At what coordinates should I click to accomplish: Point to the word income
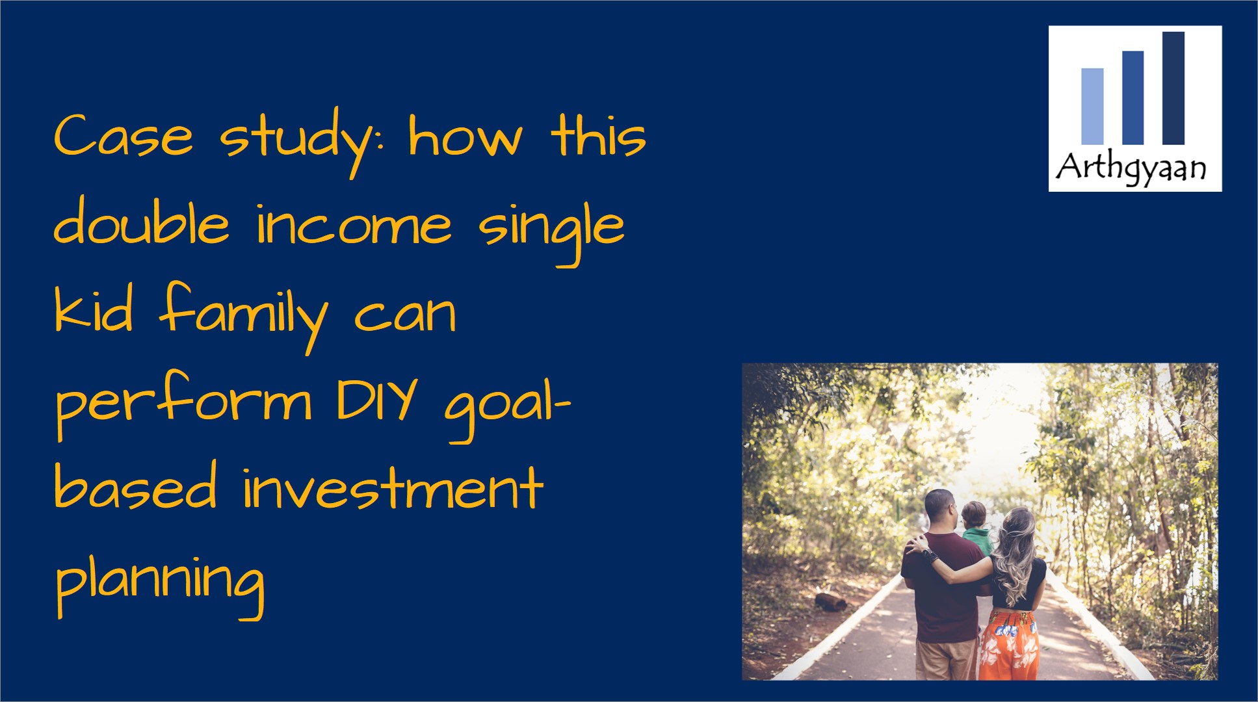tap(354, 225)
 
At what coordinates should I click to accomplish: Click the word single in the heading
tap(551, 231)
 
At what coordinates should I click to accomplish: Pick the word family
tap(243, 316)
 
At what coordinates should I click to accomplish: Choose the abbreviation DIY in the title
tap(376, 399)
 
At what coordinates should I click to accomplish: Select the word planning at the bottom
tap(160, 581)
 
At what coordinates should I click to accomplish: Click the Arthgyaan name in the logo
tap(1131, 168)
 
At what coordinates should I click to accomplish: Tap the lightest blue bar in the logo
tap(1092, 106)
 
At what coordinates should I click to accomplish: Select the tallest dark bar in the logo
tap(1173, 88)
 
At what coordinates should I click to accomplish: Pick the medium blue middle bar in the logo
tap(1133, 97)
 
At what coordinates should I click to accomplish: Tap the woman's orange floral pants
tap(1007, 644)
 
